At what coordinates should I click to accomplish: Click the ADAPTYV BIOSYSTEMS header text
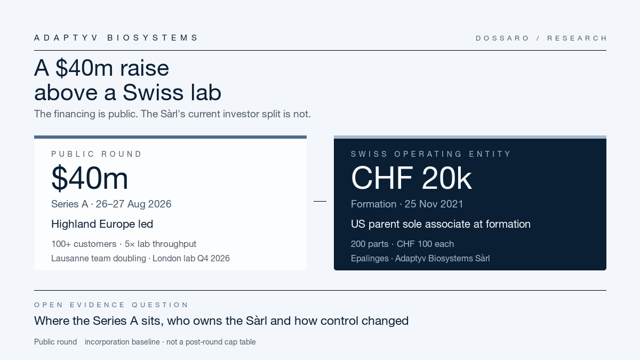(x=116, y=38)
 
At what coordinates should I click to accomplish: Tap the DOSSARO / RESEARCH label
(x=541, y=38)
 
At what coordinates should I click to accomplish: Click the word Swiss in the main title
(x=153, y=92)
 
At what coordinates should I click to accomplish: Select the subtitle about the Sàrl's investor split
(x=172, y=114)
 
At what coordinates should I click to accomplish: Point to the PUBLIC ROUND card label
(x=97, y=154)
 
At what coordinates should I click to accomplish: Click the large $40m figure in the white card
(x=90, y=178)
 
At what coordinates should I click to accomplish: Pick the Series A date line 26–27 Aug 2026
(x=111, y=204)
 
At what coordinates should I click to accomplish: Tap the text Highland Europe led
(x=102, y=224)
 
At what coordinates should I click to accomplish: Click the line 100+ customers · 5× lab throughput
(x=124, y=244)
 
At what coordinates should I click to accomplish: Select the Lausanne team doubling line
(x=140, y=258)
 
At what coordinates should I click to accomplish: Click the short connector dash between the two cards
(x=320, y=201)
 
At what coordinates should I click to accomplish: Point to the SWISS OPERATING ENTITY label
(x=430, y=154)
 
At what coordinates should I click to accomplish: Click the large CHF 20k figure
(x=411, y=178)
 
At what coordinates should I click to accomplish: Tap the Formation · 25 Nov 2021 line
(x=407, y=204)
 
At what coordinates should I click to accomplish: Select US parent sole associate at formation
(x=441, y=224)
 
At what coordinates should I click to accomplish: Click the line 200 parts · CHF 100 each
(x=402, y=244)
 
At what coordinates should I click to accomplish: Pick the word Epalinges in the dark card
(x=370, y=258)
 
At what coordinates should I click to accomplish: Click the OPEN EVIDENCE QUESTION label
(x=111, y=305)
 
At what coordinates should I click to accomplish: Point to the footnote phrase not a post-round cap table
(x=211, y=342)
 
